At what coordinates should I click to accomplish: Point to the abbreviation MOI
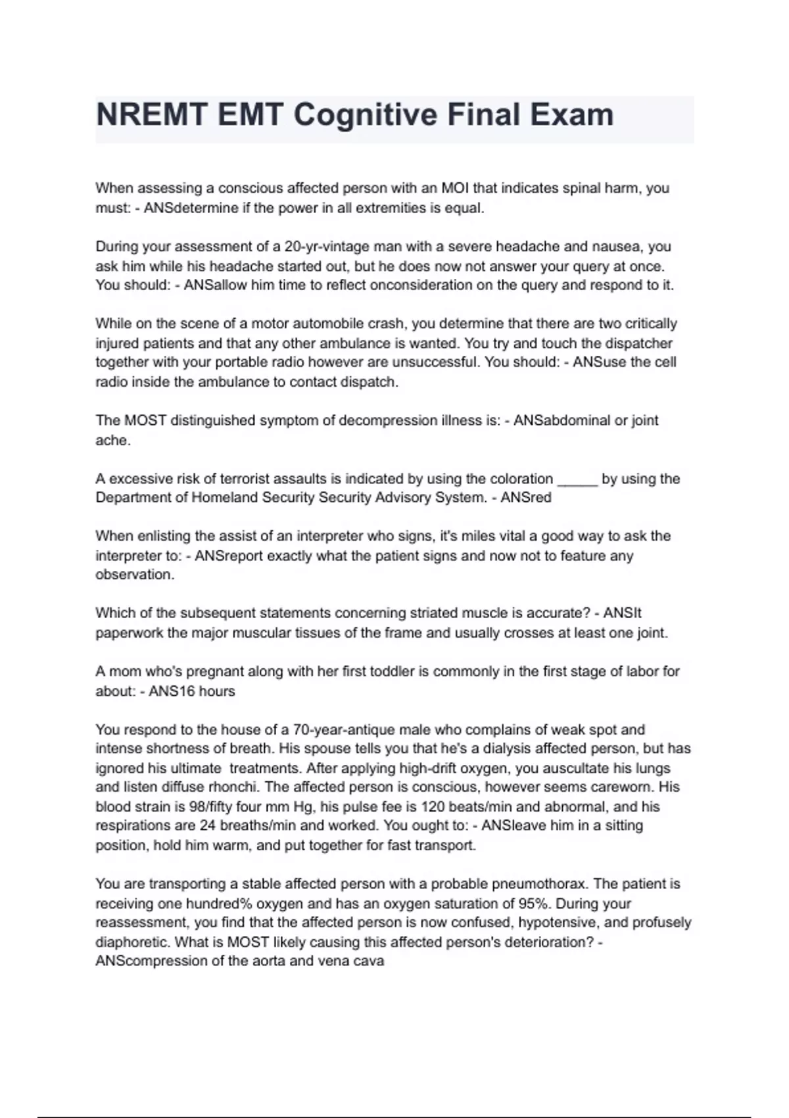(455, 188)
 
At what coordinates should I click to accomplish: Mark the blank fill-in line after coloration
(577, 479)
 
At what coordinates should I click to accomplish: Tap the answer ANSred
(526, 498)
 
